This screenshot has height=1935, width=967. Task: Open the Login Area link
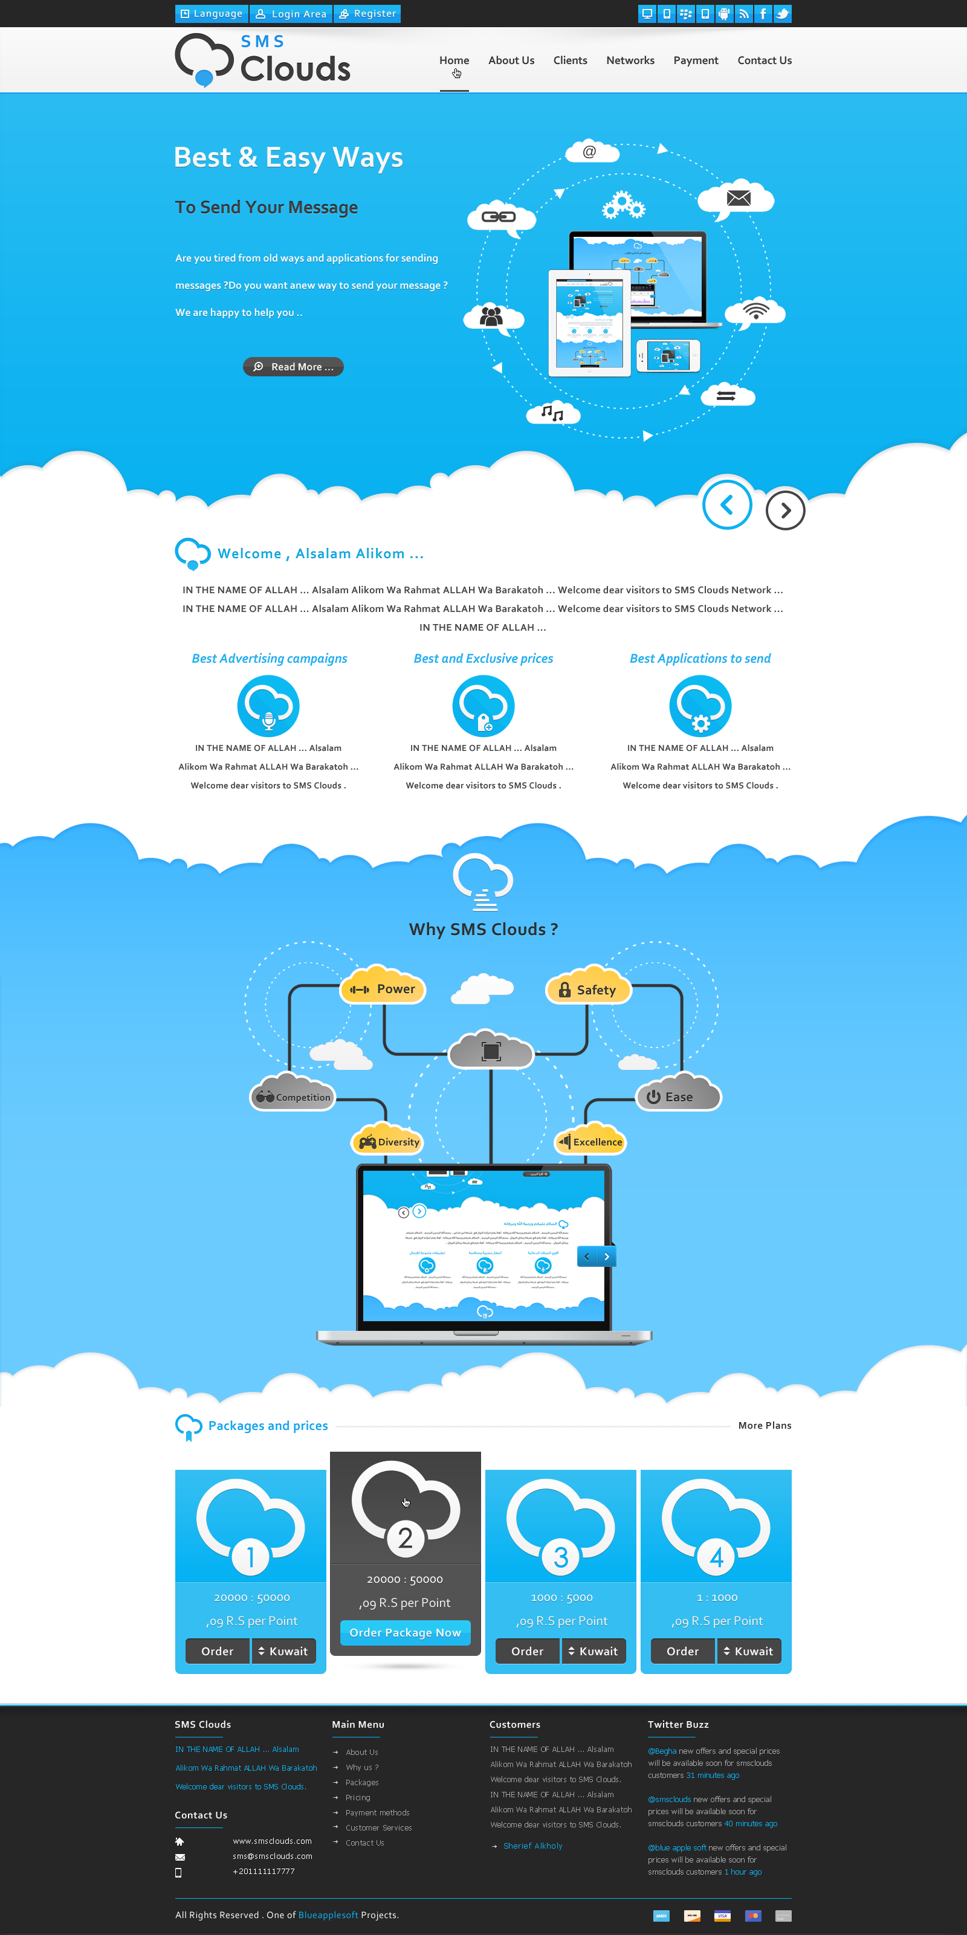(x=291, y=13)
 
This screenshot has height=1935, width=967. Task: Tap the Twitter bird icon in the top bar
(x=782, y=13)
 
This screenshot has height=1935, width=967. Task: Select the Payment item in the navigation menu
(x=695, y=60)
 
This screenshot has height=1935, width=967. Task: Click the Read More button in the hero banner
(x=293, y=367)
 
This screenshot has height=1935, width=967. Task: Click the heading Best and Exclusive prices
(x=483, y=658)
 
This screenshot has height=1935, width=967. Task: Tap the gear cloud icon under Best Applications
(x=699, y=706)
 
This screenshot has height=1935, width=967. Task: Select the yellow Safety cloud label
(x=588, y=990)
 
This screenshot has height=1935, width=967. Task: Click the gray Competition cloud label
(x=294, y=1096)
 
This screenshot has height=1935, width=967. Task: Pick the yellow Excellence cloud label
(x=590, y=1142)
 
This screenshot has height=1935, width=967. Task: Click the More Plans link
(x=764, y=1425)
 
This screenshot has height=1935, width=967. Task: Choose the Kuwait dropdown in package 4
(x=748, y=1651)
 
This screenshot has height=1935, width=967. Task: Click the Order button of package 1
(x=217, y=1651)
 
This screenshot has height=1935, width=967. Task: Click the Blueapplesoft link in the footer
(x=328, y=1914)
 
